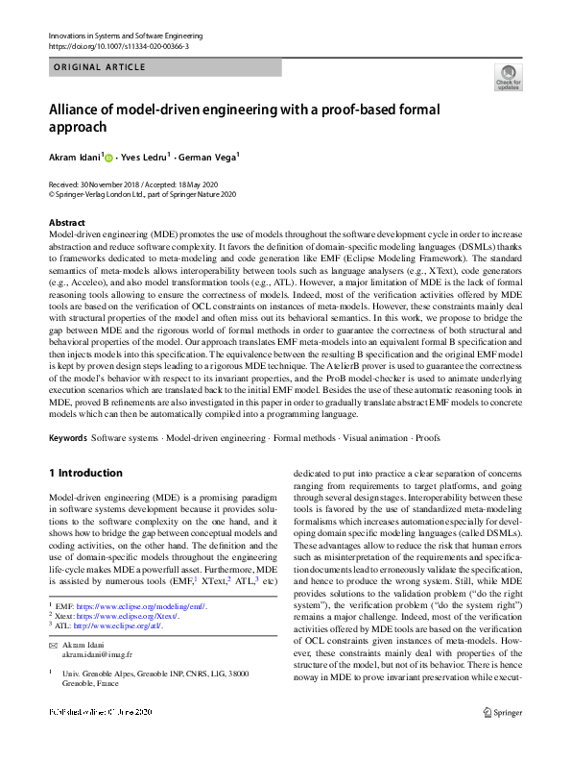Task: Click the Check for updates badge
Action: (x=508, y=77)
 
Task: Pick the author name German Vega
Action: (x=210, y=157)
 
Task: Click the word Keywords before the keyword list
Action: (x=67, y=437)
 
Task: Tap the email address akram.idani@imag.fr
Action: (x=100, y=653)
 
